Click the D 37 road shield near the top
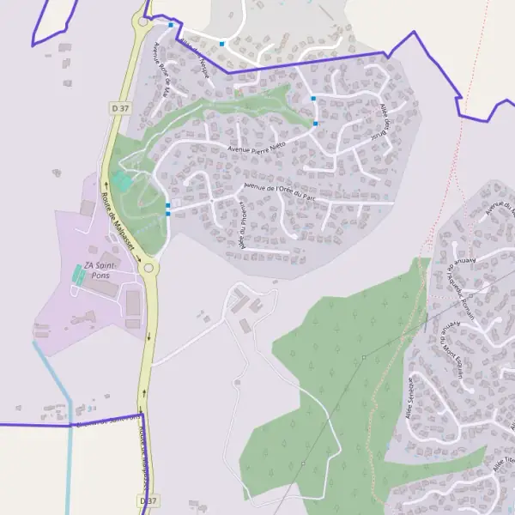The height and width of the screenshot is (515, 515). coord(119,107)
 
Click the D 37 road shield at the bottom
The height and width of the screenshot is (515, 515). coord(147,500)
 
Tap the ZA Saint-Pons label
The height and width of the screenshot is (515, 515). coord(102,271)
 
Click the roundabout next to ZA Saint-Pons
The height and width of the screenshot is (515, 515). coord(150,268)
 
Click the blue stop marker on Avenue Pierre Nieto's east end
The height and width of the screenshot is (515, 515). coord(316,124)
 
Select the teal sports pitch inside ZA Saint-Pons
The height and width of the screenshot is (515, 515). coord(79,276)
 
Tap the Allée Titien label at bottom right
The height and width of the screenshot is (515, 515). coord(504,463)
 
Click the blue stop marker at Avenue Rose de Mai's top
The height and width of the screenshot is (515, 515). coord(171,25)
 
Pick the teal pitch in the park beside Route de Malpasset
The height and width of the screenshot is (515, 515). coord(122,181)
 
